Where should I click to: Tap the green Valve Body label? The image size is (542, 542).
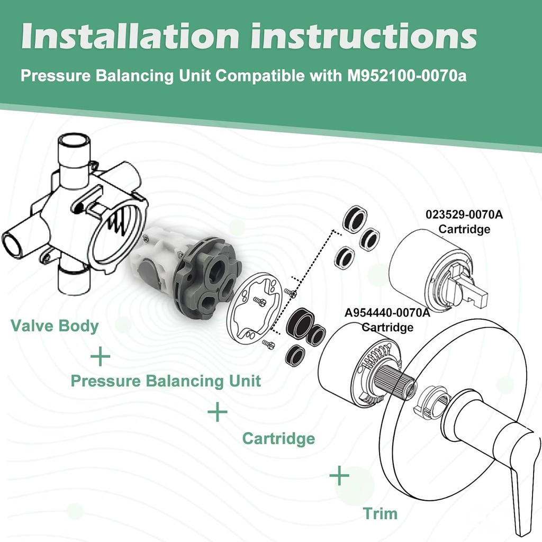pos(55,326)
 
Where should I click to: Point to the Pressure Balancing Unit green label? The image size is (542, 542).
pos(166,381)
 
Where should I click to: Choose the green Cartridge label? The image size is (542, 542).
pos(278,438)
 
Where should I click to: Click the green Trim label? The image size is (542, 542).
pos(380,513)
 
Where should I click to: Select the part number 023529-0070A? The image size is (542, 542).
pos(464,215)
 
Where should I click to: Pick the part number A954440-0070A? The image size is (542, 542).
pos(387,313)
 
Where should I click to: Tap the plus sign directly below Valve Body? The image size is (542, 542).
pos(100,357)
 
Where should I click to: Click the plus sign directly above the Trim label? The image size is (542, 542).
pos(339,476)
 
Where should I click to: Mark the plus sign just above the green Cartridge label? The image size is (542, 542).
pos(217,412)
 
